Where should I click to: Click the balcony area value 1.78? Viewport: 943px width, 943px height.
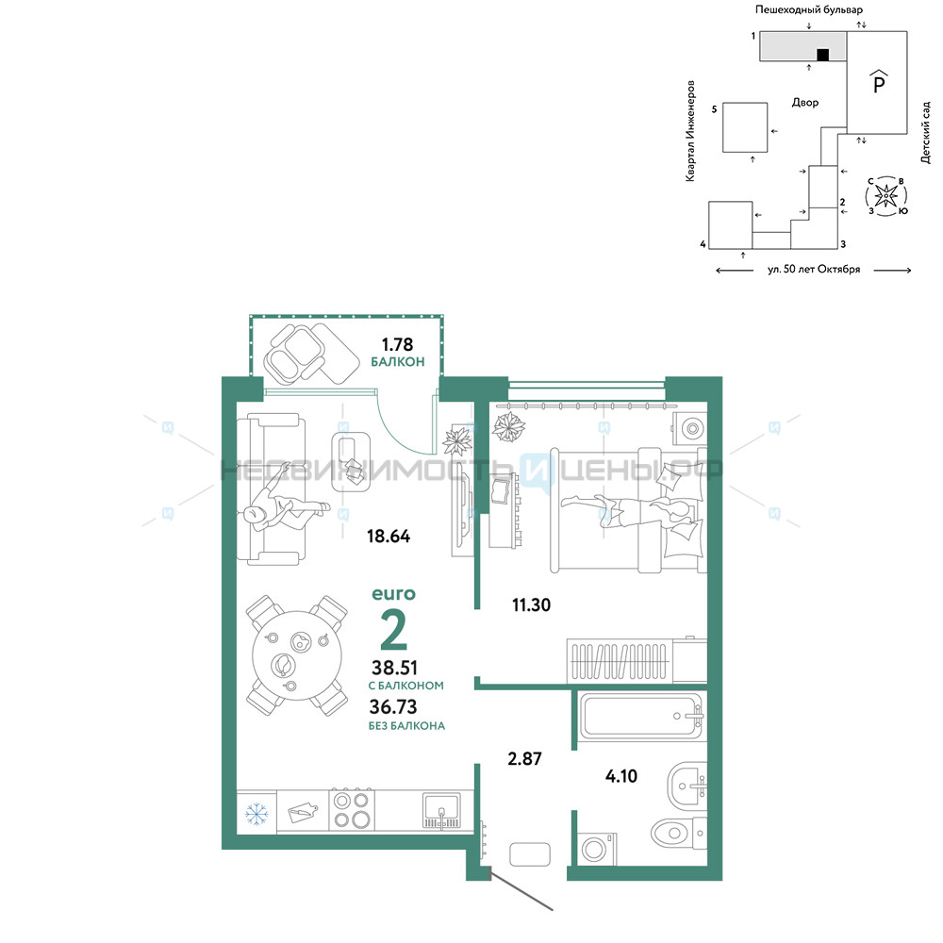point(398,344)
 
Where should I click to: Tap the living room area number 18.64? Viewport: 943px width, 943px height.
point(389,536)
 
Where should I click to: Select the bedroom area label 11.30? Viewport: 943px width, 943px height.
point(531,604)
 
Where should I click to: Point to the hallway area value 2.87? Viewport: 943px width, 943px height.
point(524,758)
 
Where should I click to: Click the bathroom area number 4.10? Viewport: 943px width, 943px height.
point(621,776)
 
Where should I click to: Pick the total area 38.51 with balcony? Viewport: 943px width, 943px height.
point(394,668)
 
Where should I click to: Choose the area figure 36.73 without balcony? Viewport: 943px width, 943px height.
point(392,706)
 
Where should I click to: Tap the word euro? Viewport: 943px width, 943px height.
point(393,594)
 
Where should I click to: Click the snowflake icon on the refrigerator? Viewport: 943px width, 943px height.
point(256,814)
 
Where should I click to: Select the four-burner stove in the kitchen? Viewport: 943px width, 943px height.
point(352,810)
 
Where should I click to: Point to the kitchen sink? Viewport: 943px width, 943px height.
point(441,810)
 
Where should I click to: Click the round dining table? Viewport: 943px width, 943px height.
point(297,655)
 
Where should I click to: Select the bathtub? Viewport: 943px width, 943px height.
point(640,716)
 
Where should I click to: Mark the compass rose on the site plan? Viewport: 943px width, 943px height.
point(885,195)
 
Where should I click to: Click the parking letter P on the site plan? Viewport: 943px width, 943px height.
point(879,83)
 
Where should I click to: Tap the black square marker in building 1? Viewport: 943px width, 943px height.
point(822,55)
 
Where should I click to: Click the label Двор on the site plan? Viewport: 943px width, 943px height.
point(804,102)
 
